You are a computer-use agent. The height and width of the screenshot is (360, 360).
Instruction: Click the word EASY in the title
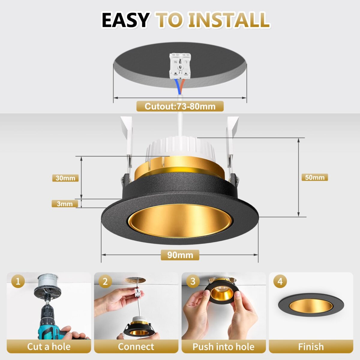point(125,20)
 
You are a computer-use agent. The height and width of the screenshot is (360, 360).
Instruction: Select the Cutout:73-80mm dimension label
point(180,106)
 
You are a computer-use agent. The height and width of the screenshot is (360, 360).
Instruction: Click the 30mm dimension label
point(65,178)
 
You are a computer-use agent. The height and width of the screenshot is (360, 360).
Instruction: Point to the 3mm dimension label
point(64,204)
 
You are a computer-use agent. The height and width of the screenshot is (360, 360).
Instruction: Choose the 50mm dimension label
point(315,177)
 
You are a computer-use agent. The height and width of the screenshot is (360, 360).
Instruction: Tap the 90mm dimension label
point(180,255)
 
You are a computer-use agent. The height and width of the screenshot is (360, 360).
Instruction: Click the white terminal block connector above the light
point(180,65)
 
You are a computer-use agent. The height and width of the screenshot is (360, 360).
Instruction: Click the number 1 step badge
point(18,281)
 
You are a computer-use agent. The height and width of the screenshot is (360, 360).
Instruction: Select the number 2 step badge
point(105,281)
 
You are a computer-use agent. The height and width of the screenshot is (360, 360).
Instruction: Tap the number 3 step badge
point(193,281)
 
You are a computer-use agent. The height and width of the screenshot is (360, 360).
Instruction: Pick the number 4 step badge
point(280,281)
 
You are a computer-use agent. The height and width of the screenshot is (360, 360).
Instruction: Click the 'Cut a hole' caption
point(49,347)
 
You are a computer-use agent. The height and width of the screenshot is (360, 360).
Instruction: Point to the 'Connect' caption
point(136,347)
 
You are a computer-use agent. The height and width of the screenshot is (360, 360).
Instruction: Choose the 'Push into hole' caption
point(223,347)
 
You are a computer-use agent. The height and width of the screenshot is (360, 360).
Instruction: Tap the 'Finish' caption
point(311,347)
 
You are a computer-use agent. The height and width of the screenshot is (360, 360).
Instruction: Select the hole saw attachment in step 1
point(47,287)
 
